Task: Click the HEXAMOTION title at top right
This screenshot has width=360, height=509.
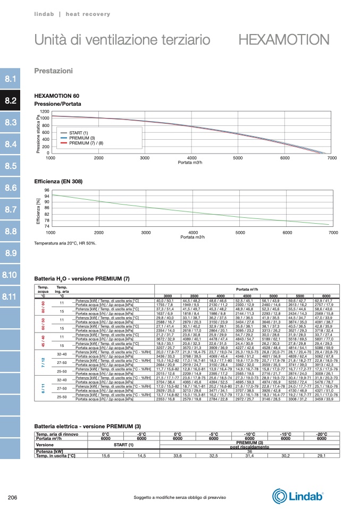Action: (284, 40)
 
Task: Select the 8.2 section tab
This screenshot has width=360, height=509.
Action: (11, 100)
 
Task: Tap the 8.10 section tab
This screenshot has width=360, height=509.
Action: (11, 275)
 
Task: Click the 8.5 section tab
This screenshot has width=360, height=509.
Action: (11, 166)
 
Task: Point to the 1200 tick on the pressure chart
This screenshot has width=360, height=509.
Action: (45, 112)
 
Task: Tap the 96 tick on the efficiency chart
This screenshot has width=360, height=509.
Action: (46, 190)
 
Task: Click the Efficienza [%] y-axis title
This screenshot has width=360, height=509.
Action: (38, 210)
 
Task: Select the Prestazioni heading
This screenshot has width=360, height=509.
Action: (53, 71)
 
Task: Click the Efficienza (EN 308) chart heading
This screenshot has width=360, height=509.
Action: (58, 182)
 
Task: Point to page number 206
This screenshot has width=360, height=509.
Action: (14, 497)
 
